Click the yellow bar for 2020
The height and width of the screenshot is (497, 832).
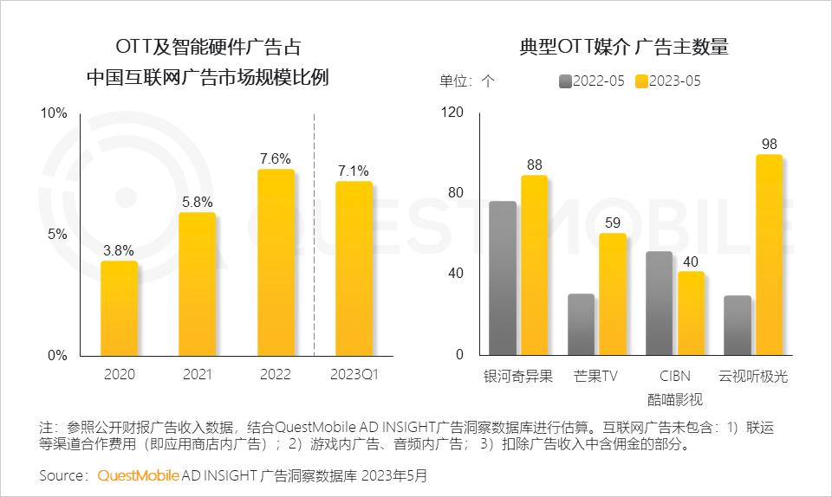pyautogui.click(x=119, y=308)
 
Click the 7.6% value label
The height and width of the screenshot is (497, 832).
pyautogui.click(x=276, y=158)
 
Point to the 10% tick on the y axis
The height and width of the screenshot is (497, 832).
pyautogui.click(x=54, y=113)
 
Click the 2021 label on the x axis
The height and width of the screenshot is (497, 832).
pyautogui.click(x=197, y=374)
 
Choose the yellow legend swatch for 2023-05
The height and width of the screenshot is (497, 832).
pyautogui.click(x=642, y=81)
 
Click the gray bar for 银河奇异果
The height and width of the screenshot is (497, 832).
pyautogui.click(x=503, y=278)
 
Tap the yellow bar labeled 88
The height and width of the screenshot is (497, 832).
pyautogui.click(x=534, y=265)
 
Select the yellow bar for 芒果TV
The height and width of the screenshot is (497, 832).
pyautogui.click(x=612, y=294)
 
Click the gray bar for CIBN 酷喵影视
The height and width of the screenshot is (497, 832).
pyautogui.click(x=659, y=303)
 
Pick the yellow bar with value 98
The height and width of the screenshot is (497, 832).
pyautogui.click(x=769, y=255)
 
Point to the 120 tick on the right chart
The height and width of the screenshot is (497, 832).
pyautogui.click(x=453, y=113)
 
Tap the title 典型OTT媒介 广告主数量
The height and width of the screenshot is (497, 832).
pyautogui.click(x=623, y=47)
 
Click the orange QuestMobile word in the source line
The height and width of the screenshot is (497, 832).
pyautogui.click(x=139, y=475)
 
